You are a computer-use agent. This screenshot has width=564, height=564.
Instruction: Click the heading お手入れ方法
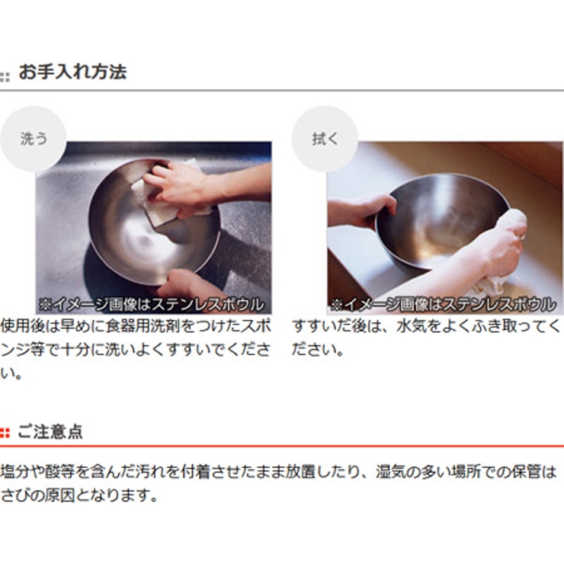pos(72,72)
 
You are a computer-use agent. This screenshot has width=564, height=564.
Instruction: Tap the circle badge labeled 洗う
pos(34,139)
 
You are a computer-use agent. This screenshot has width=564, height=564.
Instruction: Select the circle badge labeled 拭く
pos(325,139)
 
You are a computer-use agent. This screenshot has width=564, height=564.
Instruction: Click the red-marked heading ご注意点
pos(50,431)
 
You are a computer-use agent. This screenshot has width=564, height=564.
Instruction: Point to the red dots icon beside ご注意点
pos(5,433)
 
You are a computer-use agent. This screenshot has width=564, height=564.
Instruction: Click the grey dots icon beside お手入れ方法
pos(5,77)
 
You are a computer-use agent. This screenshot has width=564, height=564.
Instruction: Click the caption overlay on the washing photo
pos(151,305)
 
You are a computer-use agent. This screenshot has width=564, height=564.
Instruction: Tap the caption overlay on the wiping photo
pos(443,305)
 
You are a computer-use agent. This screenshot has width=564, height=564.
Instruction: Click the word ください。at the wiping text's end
pos(318,350)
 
